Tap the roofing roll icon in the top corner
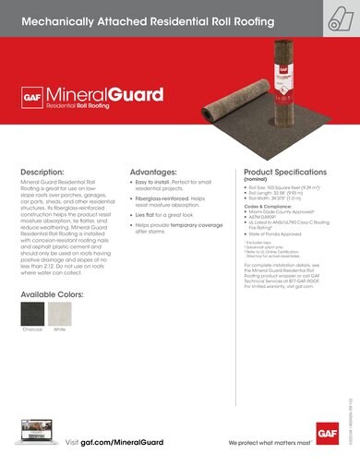pyautogui.click(x=337, y=18)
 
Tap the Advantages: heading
pyautogui.click(x=153, y=173)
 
